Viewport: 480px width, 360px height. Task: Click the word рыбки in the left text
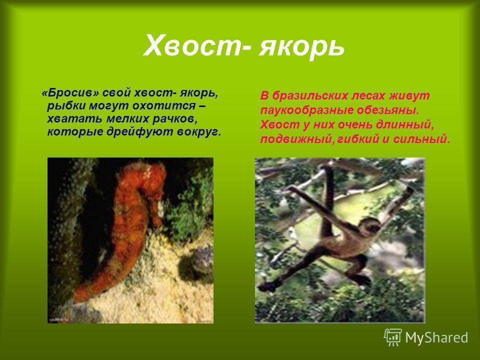pyautogui.click(x=66, y=106)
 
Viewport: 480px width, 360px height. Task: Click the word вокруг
pyautogui.click(x=199, y=132)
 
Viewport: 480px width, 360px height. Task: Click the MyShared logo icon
pyautogui.click(x=393, y=337)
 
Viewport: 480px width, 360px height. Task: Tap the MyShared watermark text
pyautogui.click(x=436, y=338)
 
